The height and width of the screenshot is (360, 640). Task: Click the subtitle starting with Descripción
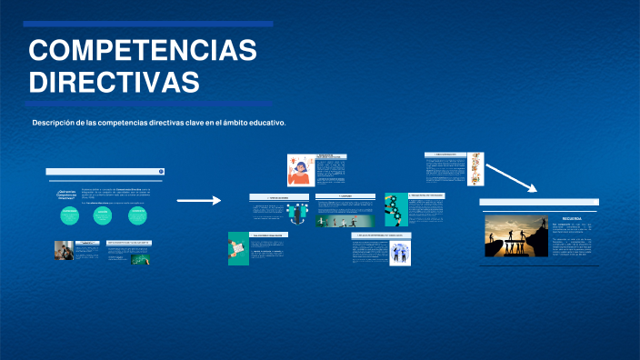tap(159, 123)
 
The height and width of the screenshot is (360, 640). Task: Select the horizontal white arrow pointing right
tap(198, 200)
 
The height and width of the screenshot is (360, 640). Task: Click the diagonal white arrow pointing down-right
tap(513, 178)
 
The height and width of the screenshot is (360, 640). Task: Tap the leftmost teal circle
tap(70, 215)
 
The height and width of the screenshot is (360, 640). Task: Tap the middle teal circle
tap(103, 215)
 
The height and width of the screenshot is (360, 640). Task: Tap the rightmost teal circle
tap(137, 215)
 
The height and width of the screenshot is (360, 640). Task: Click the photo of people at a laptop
tap(64, 251)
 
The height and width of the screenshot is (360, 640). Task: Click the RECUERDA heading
tap(572, 219)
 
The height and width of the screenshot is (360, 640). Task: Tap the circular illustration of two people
tap(400, 253)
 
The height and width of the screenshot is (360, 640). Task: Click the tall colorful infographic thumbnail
tap(475, 173)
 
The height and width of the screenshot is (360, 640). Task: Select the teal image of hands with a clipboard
tap(238, 249)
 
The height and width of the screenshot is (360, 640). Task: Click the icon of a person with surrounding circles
tap(296, 214)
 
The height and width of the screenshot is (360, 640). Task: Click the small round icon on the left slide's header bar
tap(161, 171)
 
